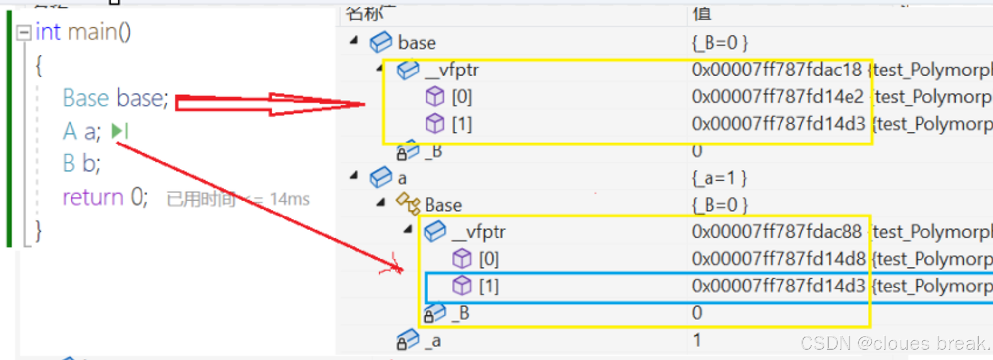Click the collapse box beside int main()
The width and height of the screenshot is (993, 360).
tap(23, 33)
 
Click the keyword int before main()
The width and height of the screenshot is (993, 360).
tap(48, 32)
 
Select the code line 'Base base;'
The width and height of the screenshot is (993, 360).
tap(115, 98)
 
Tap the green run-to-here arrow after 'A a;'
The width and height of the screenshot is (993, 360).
tap(119, 131)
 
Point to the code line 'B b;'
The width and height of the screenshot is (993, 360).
tap(81, 163)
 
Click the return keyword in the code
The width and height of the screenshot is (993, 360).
tap(92, 197)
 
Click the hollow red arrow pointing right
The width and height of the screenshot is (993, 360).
tap(271, 103)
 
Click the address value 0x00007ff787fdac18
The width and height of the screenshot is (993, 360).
tap(777, 70)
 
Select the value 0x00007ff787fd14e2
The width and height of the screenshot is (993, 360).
tap(778, 97)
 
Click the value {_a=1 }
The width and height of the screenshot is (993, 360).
tap(719, 178)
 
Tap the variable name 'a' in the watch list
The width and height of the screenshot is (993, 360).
tap(402, 178)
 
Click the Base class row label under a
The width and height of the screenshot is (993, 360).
tap(443, 205)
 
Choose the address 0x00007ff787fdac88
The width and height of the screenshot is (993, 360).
tap(777, 232)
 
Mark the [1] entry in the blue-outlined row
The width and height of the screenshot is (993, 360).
tap(489, 286)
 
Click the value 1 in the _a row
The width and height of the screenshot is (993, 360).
tap(697, 340)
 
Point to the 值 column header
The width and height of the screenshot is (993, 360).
tap(702, 14)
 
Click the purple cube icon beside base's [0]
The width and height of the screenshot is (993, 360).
tap(435, 96)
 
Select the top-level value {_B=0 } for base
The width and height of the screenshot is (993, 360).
tap(719, 43)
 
